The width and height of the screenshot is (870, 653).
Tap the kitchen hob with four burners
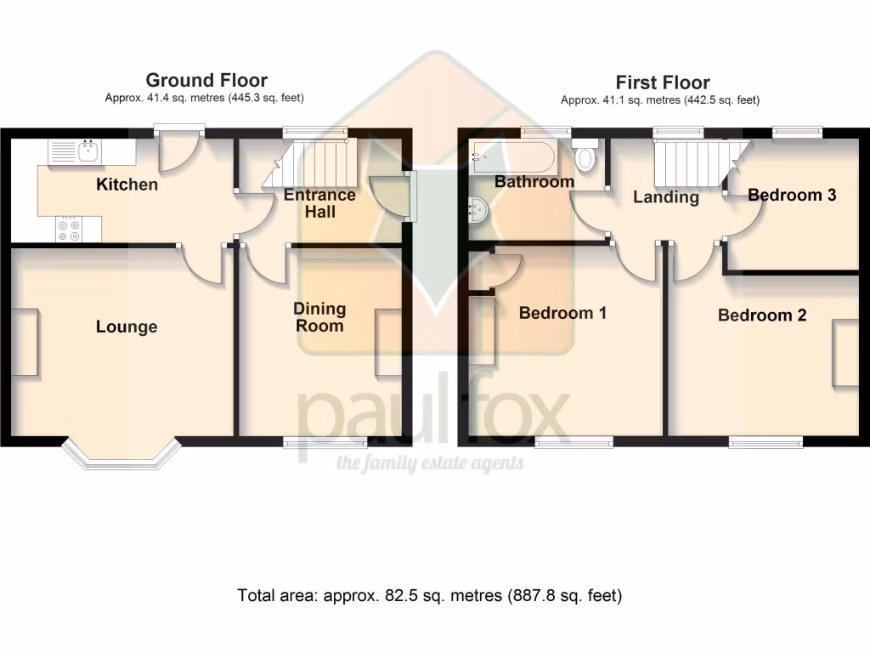[x=67, y=230]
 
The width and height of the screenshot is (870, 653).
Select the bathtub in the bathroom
[x=513, y=157]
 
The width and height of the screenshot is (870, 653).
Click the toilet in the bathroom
[x=585, y=157]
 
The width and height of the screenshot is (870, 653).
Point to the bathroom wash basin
[x=479, y=208]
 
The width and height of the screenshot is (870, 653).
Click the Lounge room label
[x=127, y=326]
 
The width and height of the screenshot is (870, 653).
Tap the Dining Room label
[x=319, y=317]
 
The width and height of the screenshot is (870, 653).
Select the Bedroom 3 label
[x=792, y=195]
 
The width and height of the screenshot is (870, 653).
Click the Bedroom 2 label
[x=762, y=315]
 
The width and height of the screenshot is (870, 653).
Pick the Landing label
[x=666, y=197]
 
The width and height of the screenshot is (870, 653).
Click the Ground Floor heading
[x=206, y=81]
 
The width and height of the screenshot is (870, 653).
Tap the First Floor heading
[x=662, y=82]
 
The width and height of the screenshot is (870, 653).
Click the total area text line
[x=430, y=596]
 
